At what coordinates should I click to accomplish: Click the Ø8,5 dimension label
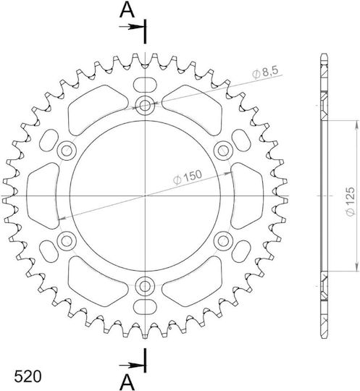pos(265,72)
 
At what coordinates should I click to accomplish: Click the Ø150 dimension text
pos(187,177)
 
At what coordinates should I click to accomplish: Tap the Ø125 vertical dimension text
pos(351,201)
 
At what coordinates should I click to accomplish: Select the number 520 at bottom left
pos(28,377)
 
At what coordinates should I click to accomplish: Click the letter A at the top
pos(127,10)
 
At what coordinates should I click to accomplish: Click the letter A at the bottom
pos(127,382)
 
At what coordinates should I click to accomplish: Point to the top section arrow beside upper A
pos(132,27)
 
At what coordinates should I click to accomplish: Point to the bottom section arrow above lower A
pos(132,366)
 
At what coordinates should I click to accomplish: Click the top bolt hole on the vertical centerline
pos(145,106)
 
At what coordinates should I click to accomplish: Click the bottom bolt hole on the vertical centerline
pos(145,286)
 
